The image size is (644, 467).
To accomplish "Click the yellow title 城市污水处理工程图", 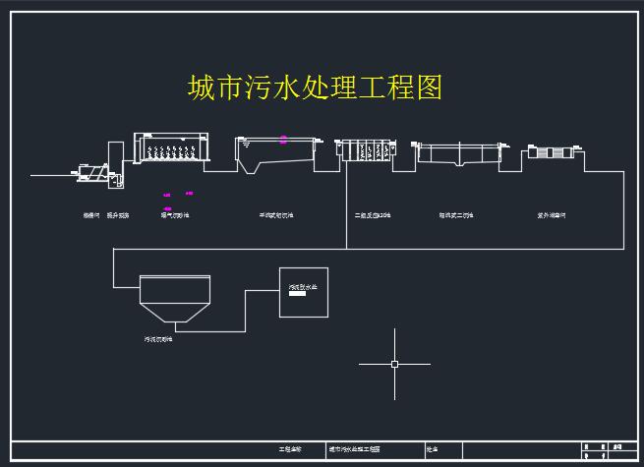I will [x=315, y=88].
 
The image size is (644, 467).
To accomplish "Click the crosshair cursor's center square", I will [x=394, y=364].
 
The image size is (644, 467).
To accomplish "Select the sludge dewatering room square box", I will [x=306, y=292].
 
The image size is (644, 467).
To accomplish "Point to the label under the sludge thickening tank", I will [x=157, y=338].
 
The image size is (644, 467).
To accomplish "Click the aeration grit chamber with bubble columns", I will [x=173, y=149].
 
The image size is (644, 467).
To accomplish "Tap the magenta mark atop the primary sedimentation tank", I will [x=284, y=140].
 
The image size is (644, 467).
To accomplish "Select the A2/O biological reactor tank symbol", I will [x=365, y=150].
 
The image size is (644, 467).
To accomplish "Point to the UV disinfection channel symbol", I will [x=550, y=152].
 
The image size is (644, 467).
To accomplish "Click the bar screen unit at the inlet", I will [x=91, y=172].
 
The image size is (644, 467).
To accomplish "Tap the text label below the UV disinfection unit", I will [x=551, y=214].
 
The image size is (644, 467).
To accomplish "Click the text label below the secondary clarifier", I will [x=456, y=214].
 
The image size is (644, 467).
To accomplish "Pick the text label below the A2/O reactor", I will [x=373, y=214].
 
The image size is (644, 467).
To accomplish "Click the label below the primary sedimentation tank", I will [x=276, y=214].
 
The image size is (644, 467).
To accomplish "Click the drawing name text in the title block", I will [x=354, y=449].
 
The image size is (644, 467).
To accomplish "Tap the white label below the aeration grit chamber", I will [x=175, y=214].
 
